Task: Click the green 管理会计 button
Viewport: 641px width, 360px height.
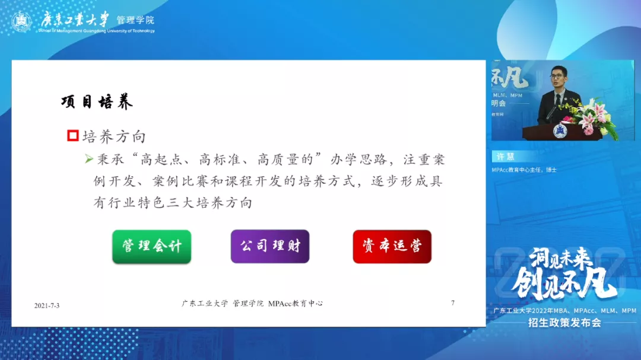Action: pyautogui.click(x=151, y=246)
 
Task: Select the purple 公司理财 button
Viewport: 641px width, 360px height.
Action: pyautogui.click(x=270, y=246)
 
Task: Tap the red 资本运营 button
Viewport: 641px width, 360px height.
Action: pyautogui.click(x=392, y=246)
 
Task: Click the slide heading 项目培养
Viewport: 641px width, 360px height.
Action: pyautogui.click(x=97, y=102)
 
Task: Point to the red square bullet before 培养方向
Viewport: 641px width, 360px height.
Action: pyautogui.click(x=72, y=136)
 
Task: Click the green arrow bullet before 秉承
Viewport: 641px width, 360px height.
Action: pyautogui.click(x=89, y=159)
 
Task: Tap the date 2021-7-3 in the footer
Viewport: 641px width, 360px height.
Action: pyautogui.click(x=47, y=305)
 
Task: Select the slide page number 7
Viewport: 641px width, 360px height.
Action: pyautogui.click(x=453, y=303)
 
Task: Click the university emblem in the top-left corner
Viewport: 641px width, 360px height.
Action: pyautogui.click(x=22, y=23)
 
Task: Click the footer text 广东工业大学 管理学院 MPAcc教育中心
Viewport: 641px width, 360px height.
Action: pyautogui.click(x=252, y=303)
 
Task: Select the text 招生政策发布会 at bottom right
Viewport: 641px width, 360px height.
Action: pyautogui.click(x=564, y=323)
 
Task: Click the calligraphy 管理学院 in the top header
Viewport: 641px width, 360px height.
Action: pyautogui.click(x=135, y=20)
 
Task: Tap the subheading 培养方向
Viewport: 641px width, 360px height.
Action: pyautogui.click(x=114, y=136)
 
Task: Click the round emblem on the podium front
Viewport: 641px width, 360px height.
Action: pyautogui.click(x=560, y=130)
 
